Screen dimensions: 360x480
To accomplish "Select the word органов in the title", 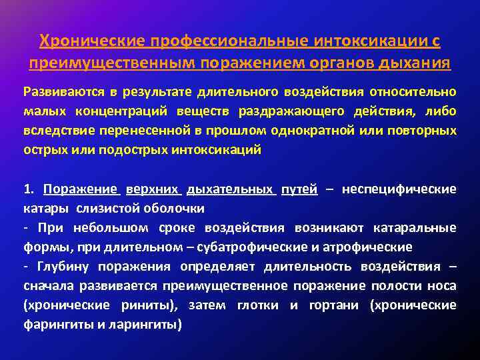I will click(334, 64).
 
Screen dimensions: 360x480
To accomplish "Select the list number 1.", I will click(27, 189).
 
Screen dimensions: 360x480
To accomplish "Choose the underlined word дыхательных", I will click(231, 189).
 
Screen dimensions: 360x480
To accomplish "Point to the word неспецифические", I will click(399, 189).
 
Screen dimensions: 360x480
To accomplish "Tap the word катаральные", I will click(418, 228).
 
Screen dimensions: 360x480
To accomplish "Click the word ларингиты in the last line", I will click(147, 325).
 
